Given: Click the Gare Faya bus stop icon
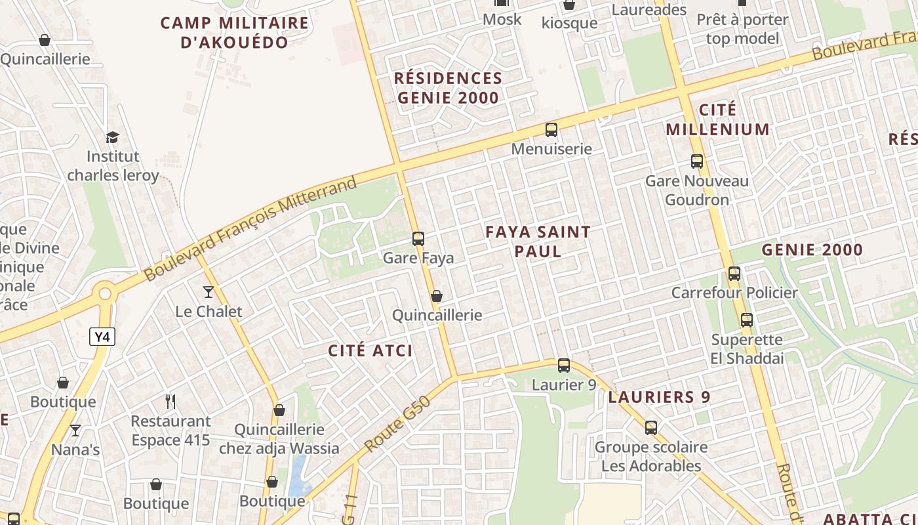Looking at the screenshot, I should click(418, 238).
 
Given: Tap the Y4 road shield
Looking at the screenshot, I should click(102, 337).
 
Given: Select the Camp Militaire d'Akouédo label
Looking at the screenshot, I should click(234, 33).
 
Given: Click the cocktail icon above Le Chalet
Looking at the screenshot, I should click(209, 291).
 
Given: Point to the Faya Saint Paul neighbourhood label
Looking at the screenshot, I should click(538, 241).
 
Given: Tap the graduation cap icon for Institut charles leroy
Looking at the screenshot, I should click(113, 137).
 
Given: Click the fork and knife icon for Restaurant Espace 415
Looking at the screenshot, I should click(170, 401).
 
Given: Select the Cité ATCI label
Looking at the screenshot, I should click(370, 350).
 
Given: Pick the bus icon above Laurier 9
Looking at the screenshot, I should click(564, 366).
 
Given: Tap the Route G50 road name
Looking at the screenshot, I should click(397, 423).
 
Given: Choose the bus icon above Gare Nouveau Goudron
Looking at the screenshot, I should click(697, 161).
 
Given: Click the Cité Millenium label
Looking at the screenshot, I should click(717, 119).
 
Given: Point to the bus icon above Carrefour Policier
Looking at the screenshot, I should click(734, 273).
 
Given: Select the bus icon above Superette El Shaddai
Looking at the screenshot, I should click(747, 320).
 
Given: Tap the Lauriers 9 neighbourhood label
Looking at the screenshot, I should click(659, 397).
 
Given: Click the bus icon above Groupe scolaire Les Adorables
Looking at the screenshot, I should click(651, 427).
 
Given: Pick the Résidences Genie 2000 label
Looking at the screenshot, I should click(448, 88).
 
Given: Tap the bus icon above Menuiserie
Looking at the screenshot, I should click(551, 129).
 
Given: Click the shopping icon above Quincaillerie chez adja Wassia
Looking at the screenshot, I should click(279, 410).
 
